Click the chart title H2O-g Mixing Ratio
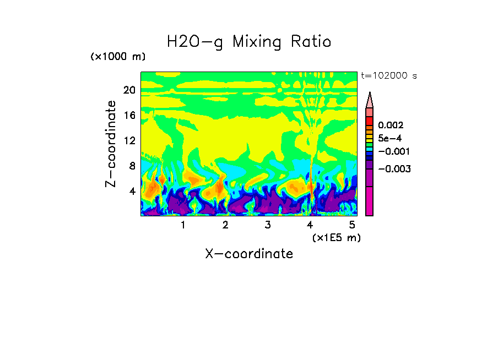249,42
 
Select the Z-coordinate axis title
111,144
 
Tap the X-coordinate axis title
249,254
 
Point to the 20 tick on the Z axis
129,90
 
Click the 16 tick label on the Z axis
129,116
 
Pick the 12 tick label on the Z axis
129,141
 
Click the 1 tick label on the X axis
183,225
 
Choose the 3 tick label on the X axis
268,225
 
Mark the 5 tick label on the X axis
352,225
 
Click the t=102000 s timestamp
388,75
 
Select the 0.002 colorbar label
391,126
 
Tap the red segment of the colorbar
370,121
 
